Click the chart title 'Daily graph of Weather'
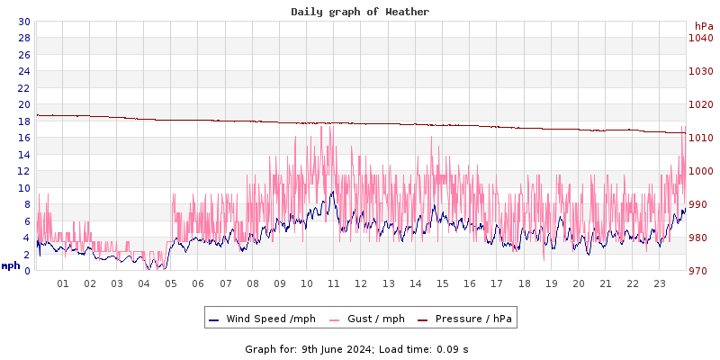(360, 12)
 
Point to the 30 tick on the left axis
(23, 22)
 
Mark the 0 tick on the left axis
(27, 271)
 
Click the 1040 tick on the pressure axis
(701, 38)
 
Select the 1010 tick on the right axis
(701, 138)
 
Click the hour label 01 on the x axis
(63, 283)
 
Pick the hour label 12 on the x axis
(361, 283)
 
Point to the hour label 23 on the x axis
(660, 283)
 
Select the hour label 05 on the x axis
(171, 283)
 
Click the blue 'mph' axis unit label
(11, 265)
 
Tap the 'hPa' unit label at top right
(703, 25)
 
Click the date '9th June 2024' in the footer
(336, 349)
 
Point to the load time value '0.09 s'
(453, 349)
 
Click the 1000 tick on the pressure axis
(701, 171)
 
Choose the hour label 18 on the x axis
(524, 283)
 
